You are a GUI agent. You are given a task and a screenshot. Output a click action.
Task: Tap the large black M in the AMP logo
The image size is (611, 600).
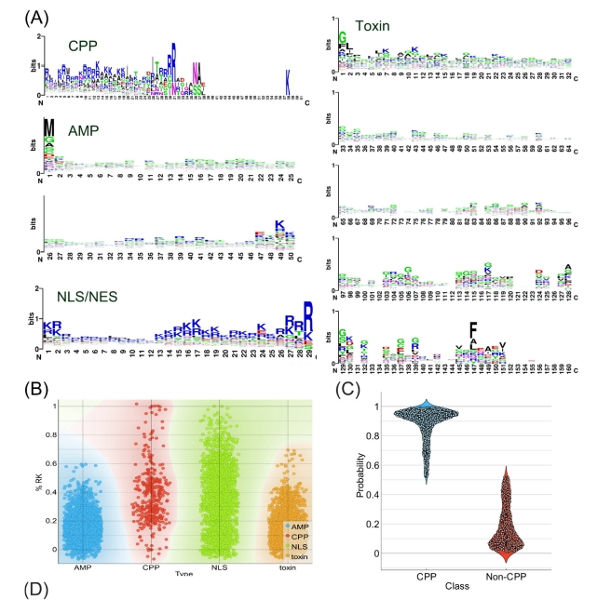click(49, 128)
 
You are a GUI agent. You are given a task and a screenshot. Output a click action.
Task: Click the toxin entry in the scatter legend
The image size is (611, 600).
click(282, 554)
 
